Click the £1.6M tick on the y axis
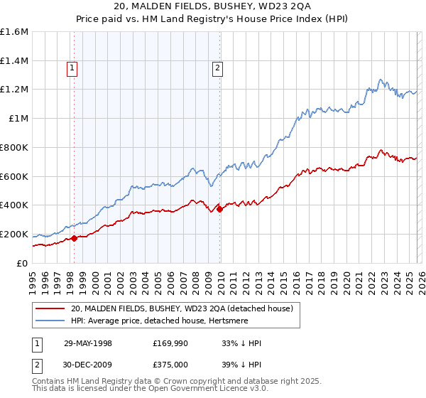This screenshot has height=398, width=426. pyautogui.click(x=14, y=32)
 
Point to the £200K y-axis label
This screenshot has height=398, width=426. pyautogui.click(x=14, y=234)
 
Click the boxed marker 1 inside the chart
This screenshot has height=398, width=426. pyautogui.click(x=73, y=68)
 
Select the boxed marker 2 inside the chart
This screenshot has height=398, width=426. pyautogui.click(x=217, y=68)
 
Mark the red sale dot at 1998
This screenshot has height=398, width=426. pyautogui.click(x=75, y=238)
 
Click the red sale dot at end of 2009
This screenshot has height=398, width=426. pyautogui.click(x=219, y=209)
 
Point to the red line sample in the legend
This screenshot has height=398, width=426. pyautogui.click(x=50, y=309)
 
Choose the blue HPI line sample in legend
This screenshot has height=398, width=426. pyautogui.click(x=50, y=321)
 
